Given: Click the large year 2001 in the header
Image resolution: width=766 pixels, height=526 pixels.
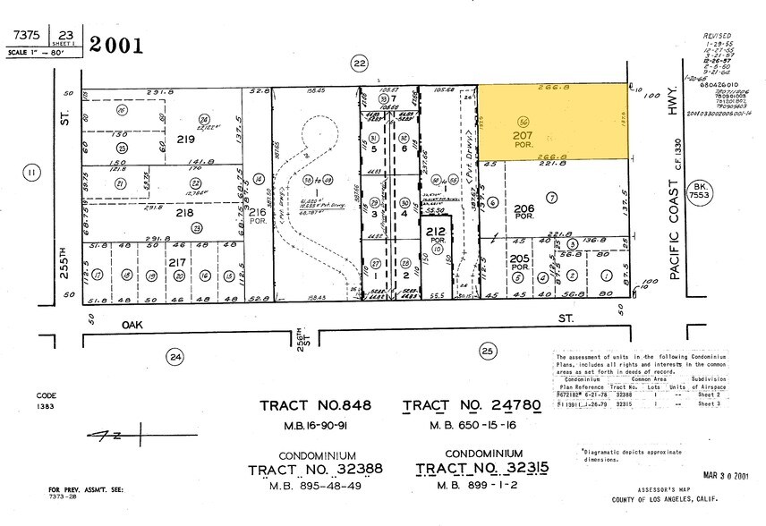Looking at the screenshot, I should pos(116,46).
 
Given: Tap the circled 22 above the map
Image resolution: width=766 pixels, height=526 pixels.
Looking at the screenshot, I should pos(360,63).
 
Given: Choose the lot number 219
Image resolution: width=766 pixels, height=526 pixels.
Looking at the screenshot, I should pos(185,140).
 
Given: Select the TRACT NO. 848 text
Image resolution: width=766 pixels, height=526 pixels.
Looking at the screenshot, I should pos(315,407).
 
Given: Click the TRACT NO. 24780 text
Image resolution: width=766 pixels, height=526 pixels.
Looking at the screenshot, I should pos(472,407).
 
